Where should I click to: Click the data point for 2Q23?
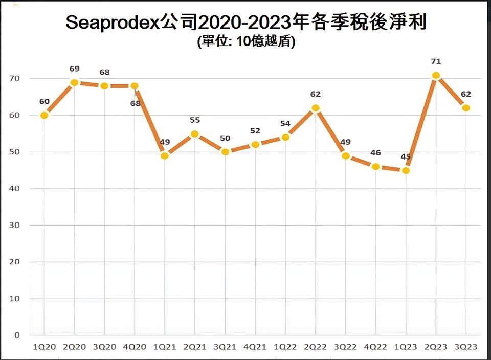click(x=436, y=75)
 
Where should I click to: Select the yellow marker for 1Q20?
click(x=44, y=115)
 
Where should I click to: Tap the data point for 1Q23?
click(x=406, y=170)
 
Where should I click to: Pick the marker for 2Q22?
click(x=316, y=108)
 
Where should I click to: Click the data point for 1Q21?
click(x=165, y=155)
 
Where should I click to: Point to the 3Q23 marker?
click(x=466, y=108)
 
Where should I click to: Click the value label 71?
click(x=436, y=61)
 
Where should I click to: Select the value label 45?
click(x=406, y=157)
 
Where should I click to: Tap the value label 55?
click(x=195, y=120)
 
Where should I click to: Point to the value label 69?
click(x=75, y=69)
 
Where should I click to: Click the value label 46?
click(x=376, y=153)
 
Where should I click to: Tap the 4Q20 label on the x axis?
click(x=135, y=347)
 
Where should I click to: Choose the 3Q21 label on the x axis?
click(x=225, y=347)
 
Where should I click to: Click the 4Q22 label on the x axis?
click(x=376, y=347)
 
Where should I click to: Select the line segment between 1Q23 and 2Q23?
click(x=421, y=123)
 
